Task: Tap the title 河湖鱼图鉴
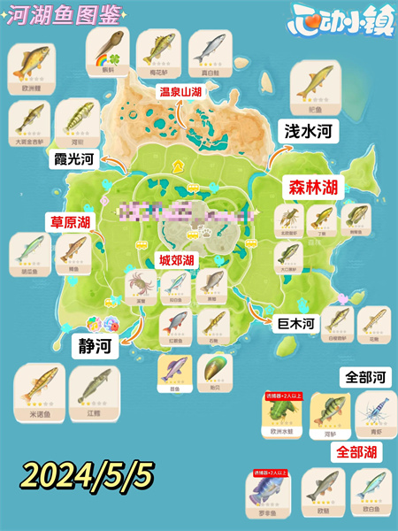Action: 56,15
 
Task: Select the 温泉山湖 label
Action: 185,90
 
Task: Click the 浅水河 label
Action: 307,131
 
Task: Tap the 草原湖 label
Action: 70,221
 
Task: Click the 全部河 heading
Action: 364,377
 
